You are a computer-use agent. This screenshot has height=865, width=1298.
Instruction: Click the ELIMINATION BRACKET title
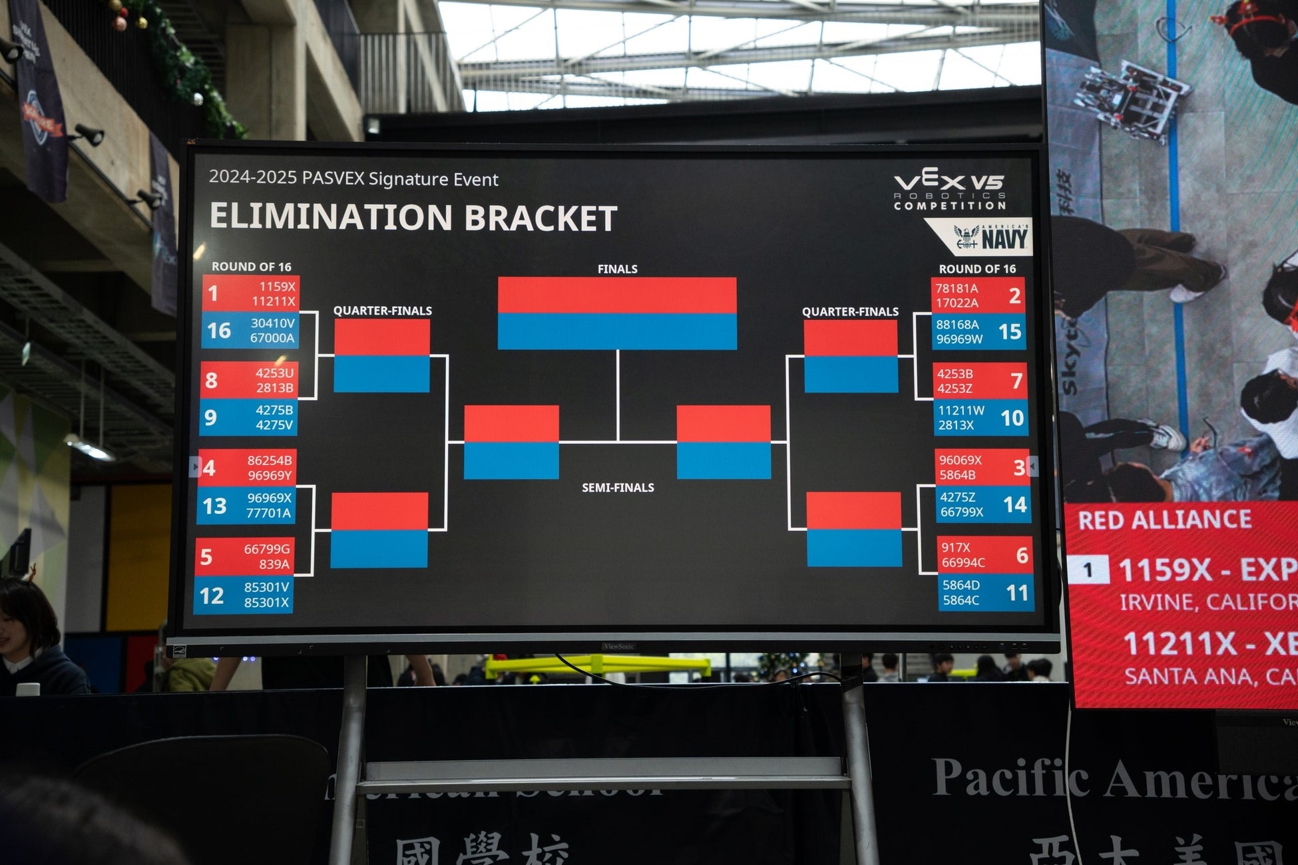pyautogui.click(x=413, y=218)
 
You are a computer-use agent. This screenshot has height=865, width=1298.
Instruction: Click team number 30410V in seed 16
pyautogui.click(x=272, y=323)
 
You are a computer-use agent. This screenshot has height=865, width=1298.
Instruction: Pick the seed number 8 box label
pyautogui.click(x=212, y=380)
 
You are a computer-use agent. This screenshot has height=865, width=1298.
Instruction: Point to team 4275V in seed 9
pyautogui.click(x=274, y=425)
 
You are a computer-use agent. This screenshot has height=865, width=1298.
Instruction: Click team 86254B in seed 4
pyautogui.click(x=270, y=460)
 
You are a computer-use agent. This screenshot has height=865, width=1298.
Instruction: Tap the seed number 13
pyautogui.click(x=214, y=506)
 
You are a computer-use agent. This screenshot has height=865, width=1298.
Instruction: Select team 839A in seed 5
pyautogui.click(x=274, y=564)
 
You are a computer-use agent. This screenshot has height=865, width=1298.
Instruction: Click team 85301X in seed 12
pyautogui.click(x=267, y=602)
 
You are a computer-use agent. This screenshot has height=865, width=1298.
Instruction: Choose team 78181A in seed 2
pyautogui.click(x=957, y=288)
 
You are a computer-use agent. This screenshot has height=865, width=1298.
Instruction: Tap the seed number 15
pyautogui.click(x=1010, y=331)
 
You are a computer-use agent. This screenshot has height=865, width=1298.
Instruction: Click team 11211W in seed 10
pyautogui.click(x=961, y=411)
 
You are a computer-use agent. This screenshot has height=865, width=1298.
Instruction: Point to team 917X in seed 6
pyautogui.click(x=955, y=547)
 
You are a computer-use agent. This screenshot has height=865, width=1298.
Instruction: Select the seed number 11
pyautogui.click(x=1017, y=592)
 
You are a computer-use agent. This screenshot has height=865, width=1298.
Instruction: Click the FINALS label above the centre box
pyautogui.click(x=617, y=269)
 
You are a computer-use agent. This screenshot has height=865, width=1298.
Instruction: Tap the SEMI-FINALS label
pyautogui.click(x=618, y=488)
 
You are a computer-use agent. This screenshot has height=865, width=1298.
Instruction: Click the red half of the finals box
pyautogui.click(x=617, y=295)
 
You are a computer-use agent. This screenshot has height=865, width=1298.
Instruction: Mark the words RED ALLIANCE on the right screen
pyautogui.click(x=1164, y=520)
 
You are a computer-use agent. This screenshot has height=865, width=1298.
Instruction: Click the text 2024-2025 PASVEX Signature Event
pyautogui.click(x=353, y=179)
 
